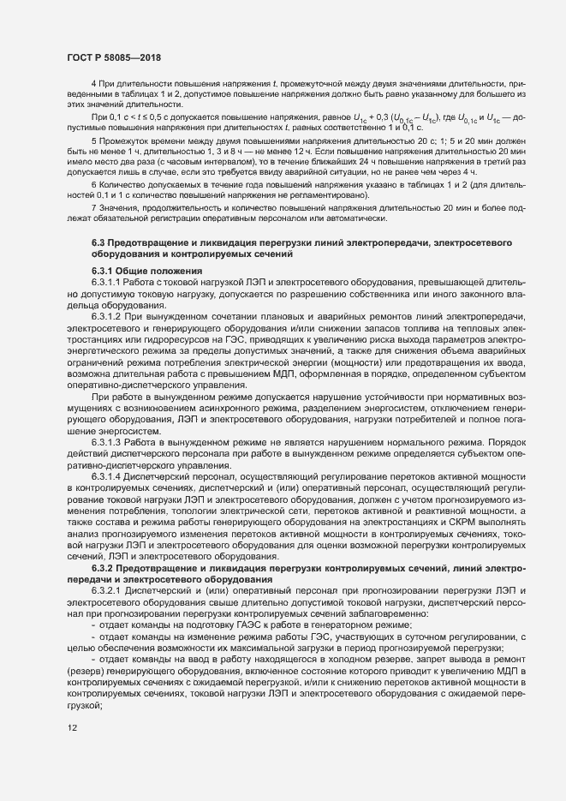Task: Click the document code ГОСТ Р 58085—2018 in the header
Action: tap(114, 57)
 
